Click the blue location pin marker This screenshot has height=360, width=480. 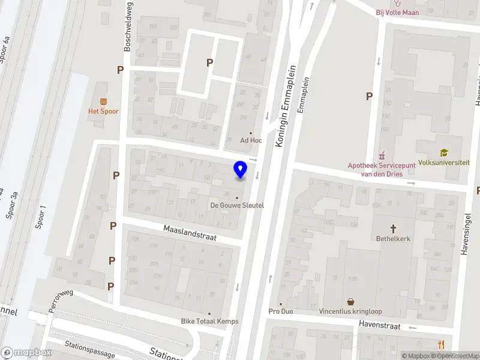pyautogui.click(x=241, y=170)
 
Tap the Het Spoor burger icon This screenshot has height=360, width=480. pyautogui.click(x=104, y=101)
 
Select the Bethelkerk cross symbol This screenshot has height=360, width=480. pyautogui.click(x=394, y=229)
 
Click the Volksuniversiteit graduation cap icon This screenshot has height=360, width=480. pyautogui.click(x=444, y=153)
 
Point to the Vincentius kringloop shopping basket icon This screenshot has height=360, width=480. pyautogui.click(x=350, y=302)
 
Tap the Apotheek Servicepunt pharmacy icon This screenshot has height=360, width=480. pyautogui.click(x=379, y=156)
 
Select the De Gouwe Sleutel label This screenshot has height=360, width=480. pyautogui.click(x=237, y=205)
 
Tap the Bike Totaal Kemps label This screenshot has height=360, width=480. pyautogui.click(x=210, y=321)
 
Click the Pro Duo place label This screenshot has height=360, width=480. pyautogui.click(x=281, y=311)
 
